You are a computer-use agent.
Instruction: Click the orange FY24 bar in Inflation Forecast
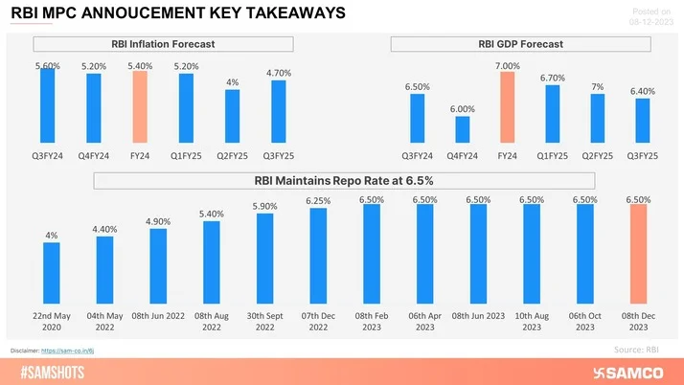click(140, 106)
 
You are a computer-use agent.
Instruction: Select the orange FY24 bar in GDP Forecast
click(507, 106)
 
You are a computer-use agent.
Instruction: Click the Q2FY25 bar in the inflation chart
click(232, 118)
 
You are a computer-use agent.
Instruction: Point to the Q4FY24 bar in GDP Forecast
click(462, 128)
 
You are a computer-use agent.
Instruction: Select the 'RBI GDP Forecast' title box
click(520, 44)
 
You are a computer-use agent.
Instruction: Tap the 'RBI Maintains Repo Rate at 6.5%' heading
click(343, 180)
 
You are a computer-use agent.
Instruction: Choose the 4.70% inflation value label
click(278, 73)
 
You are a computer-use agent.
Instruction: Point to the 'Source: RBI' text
click(635, 350)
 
